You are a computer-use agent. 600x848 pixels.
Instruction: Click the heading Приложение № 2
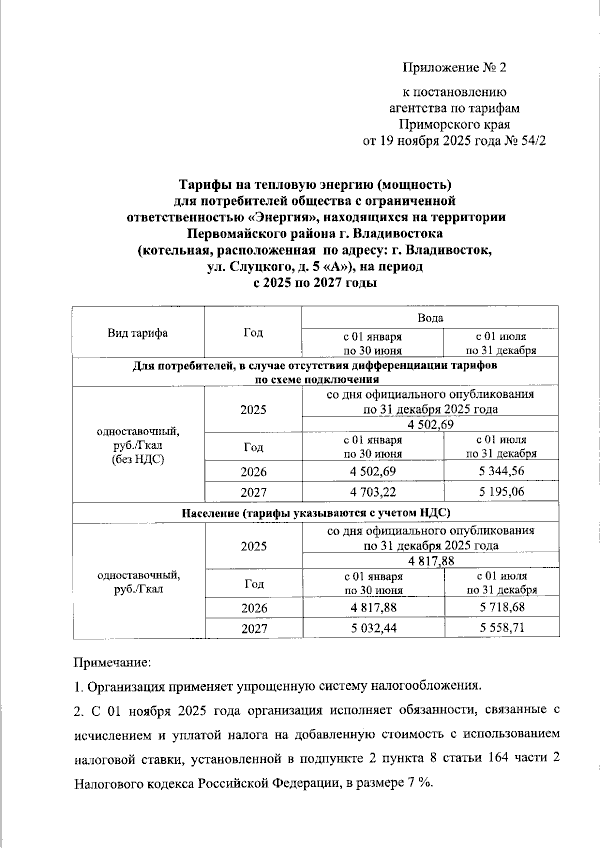pyautogui.click(x=454, y=68)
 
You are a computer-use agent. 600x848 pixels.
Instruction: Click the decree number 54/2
pyautogui.click(x=533, y=141)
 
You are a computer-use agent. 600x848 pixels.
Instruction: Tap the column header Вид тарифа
pyautogui.click(x=137, y=333)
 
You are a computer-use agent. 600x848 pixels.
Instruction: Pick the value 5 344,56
pyautogui.click(x=501, y=471)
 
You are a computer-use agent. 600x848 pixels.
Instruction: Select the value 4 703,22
pyautogui.click(x=373, y=492)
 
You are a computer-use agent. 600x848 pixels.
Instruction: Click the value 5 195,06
pyautogui.click(x=501, y=492)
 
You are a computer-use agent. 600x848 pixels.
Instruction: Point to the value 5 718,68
pyautogui.click(x=501, y=607)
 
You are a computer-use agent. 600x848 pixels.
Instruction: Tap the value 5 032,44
pyautogui.click(x=373, y=628)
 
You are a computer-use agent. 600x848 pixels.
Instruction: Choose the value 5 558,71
pyautogui.click(x=501, y=628)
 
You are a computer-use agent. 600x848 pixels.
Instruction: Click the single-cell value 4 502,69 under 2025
pyautogui.click(x=430, y=425)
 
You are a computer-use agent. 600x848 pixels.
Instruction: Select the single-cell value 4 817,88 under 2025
pyautogui.click(x=431, y=561)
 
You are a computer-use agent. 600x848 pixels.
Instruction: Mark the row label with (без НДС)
pyautogui.click(x=138, y=459)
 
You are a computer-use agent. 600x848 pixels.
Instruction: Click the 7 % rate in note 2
pyautogui.click(x=421, y=782)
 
